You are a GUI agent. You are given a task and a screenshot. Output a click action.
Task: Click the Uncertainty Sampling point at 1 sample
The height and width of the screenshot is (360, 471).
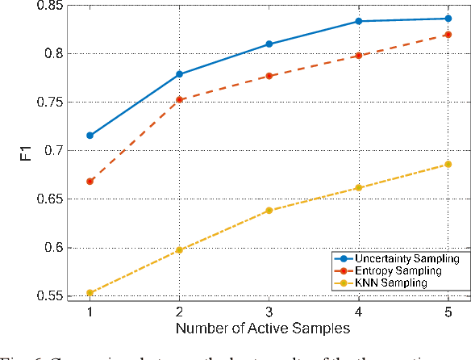(90, 136)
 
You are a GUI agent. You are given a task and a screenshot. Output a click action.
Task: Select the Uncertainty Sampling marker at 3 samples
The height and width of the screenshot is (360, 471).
(269, 44)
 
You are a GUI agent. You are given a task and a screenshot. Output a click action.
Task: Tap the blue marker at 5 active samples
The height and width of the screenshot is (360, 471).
(448, 19)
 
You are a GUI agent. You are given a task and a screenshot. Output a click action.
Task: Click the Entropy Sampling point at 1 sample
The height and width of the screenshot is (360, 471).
(90, 182)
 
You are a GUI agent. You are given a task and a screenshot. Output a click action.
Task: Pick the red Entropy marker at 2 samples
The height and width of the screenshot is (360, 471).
(179, 100)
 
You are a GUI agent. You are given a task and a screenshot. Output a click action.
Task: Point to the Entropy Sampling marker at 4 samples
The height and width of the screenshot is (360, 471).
(358, 56)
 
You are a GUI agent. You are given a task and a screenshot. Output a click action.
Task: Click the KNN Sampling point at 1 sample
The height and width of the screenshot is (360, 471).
(90, 293)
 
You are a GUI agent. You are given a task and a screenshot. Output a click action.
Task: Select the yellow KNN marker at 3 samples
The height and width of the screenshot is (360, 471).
(269, 211)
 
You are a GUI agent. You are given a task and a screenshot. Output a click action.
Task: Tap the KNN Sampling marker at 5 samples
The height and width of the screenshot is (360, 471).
(448, 165)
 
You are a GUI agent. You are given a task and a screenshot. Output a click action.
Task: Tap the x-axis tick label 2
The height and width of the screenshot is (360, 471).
(179, 312)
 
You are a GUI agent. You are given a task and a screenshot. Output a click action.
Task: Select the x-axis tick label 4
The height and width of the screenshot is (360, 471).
(358, 312)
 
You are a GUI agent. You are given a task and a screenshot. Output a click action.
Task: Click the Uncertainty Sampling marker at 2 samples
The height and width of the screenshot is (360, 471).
(179, 74)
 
